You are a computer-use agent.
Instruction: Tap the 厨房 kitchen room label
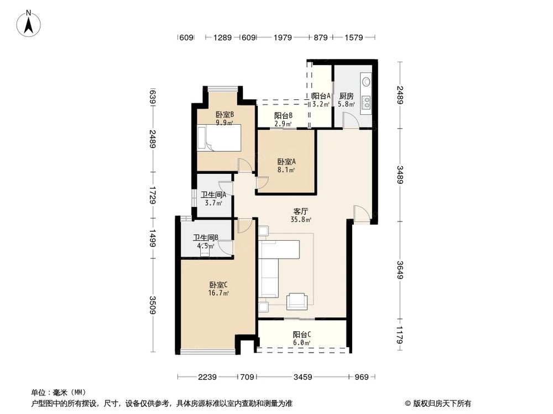(x=347, y=95)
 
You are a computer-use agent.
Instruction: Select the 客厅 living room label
(x=301, y=211)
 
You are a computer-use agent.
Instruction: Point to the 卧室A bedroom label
(x=286, y=162)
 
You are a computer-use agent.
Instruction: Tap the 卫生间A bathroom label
(x=213, y=194)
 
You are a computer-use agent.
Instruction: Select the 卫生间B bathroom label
(x=205, y=238)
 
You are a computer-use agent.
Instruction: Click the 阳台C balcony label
(x=301, y=334)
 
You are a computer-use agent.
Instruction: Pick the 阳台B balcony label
(x=283, y=116)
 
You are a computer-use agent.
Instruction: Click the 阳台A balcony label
(x=321, y=95)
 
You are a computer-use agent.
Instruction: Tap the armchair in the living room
(x=297, y=300)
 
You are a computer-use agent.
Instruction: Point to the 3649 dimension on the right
(x=400, y=268)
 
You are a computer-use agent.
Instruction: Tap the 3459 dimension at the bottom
(x=302, y=377)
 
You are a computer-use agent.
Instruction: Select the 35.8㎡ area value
(x=301, y=219)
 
